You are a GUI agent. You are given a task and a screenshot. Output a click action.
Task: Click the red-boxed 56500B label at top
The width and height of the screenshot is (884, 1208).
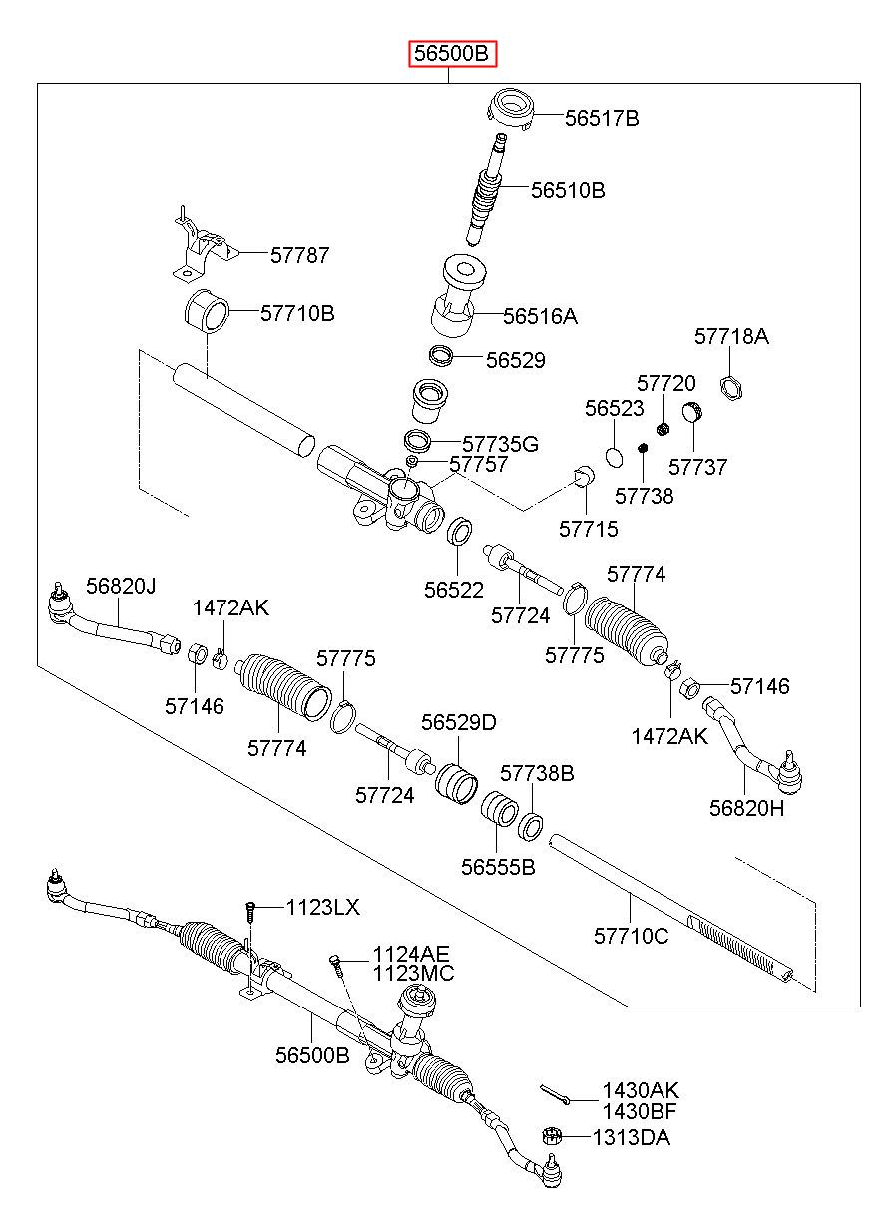click(451, 54)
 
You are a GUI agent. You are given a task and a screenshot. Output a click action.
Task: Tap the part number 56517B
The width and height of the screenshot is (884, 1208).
click(602, 118)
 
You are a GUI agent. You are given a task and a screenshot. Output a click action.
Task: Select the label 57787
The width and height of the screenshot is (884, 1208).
click(299, 255)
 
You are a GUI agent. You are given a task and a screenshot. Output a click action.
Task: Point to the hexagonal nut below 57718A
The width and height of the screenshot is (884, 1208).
click(730, 387)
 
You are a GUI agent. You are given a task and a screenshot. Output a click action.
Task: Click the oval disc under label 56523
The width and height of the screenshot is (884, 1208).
click(614, 457)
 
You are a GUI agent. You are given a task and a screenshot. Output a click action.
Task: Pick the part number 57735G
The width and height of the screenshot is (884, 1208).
click(500, 444)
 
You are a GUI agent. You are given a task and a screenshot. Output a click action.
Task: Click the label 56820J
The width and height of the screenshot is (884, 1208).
click(121, 586)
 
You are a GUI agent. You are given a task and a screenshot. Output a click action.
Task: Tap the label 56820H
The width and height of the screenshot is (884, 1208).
click(746, 808)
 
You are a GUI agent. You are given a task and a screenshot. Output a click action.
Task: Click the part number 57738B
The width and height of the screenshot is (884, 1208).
click(537, 773)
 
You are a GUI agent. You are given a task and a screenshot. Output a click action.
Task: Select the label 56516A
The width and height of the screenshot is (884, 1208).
click(540, 316)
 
